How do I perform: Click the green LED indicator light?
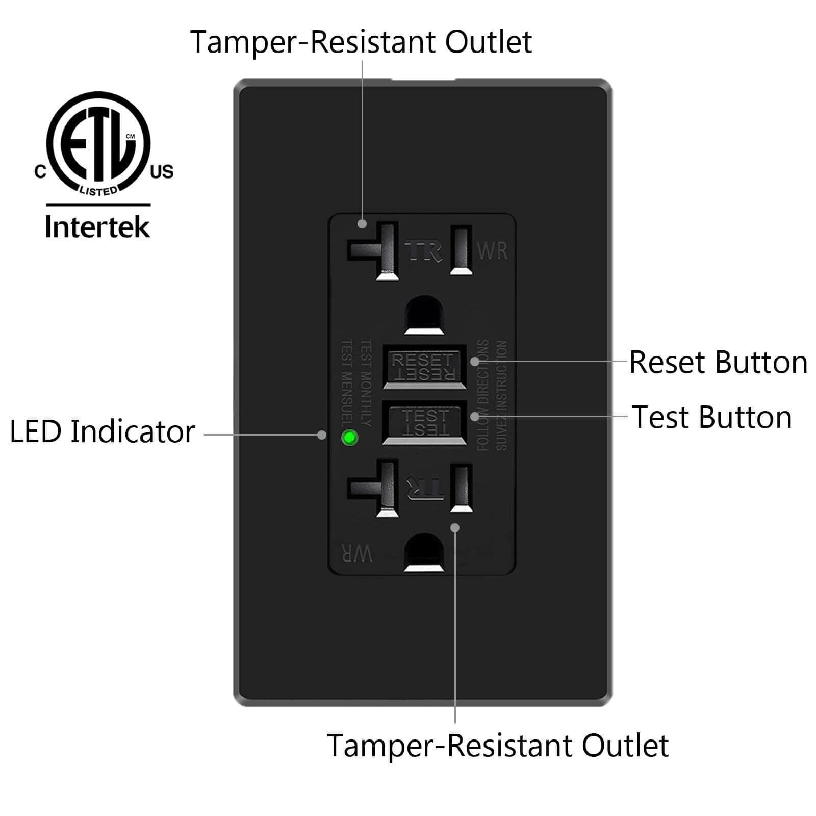(350, 438)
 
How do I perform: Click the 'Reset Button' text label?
(718, 363)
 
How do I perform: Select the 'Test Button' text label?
(712, 417)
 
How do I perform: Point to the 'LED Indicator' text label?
(102, 431)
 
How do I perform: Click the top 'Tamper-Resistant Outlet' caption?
(361, 42)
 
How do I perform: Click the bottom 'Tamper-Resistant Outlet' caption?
(497, 746)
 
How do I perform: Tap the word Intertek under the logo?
(97, 227)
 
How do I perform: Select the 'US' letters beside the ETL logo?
(162, 172)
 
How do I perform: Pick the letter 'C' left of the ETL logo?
(40, 172)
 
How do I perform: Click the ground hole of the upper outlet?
(424, 315)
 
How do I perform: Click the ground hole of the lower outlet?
(424, 552)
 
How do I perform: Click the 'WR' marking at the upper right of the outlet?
(492, 251)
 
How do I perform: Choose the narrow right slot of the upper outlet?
(461, 250)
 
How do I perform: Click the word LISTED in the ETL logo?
(98, 191)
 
